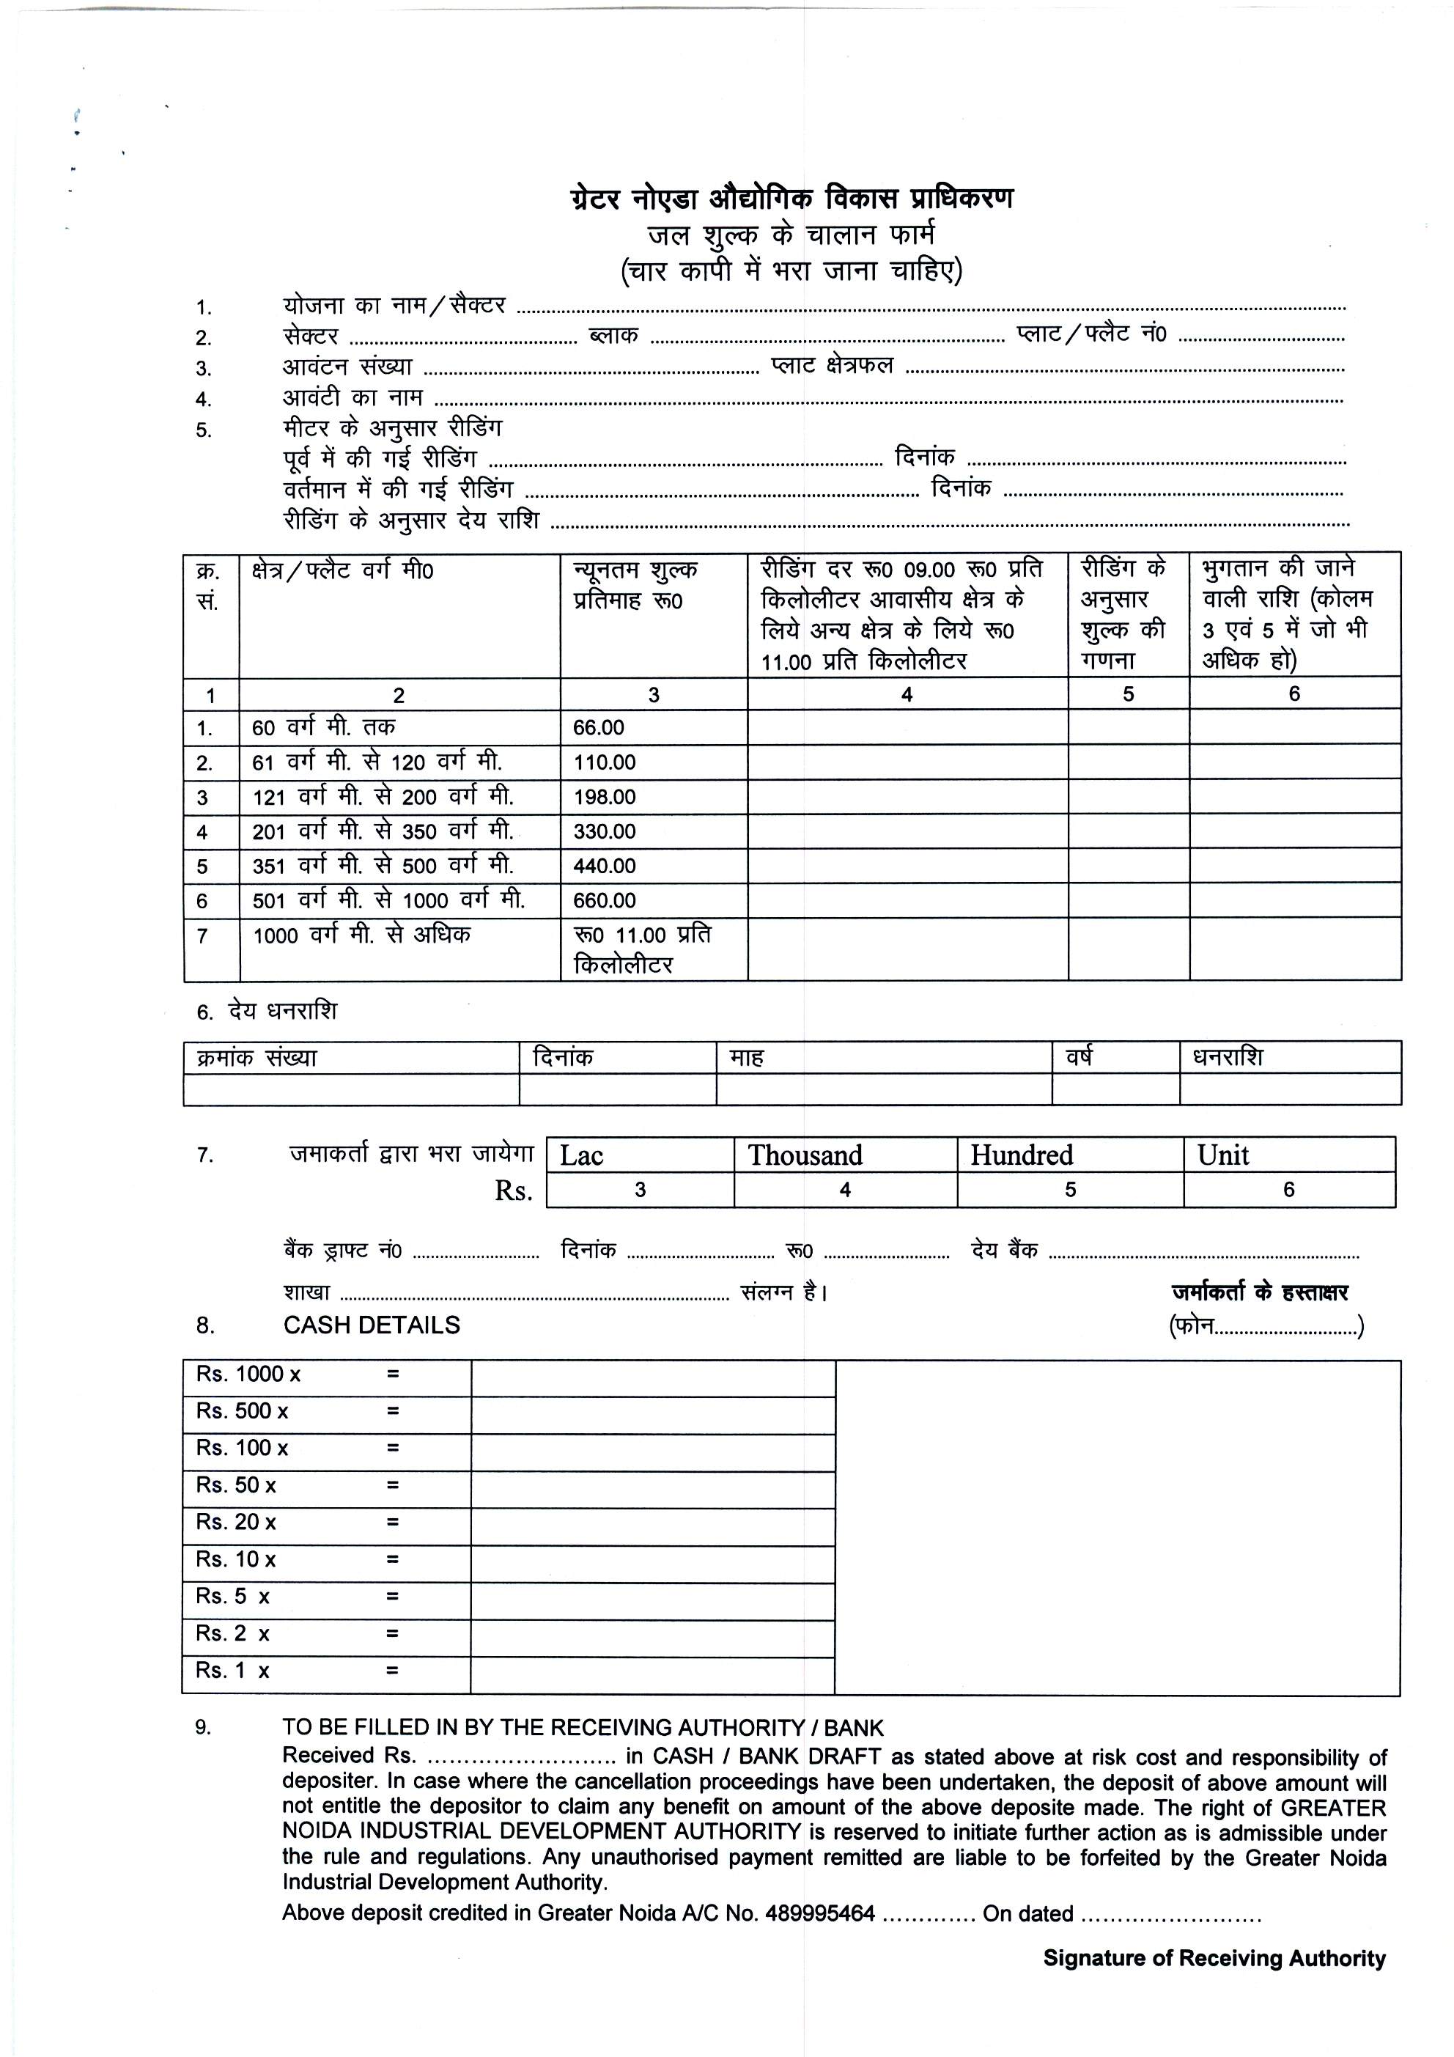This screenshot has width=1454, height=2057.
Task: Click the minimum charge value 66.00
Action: (599, 727)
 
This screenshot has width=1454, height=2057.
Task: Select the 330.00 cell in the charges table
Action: (605, 831)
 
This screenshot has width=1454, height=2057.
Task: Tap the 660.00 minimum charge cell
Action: (605, 900)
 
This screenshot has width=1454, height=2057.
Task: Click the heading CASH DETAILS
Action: (372, 1325)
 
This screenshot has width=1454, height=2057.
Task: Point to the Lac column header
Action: (583, 1155)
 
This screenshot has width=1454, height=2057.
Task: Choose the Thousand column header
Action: (805, 1155)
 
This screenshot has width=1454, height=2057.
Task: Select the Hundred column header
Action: (1022, 1155)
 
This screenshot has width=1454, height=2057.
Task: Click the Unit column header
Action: (1223, 1155)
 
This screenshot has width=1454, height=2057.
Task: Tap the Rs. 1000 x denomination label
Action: (248, 1375)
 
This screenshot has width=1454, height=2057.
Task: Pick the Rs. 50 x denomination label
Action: (235, 1485)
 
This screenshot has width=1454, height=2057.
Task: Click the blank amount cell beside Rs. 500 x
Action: (652, 1412)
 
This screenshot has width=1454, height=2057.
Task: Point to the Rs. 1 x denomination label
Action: (233, 1671)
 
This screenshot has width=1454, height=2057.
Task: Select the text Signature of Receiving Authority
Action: (1214, 1959)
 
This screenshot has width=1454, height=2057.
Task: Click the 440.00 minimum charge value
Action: (605, 866)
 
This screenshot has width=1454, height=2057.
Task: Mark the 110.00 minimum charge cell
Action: (605, 762)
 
